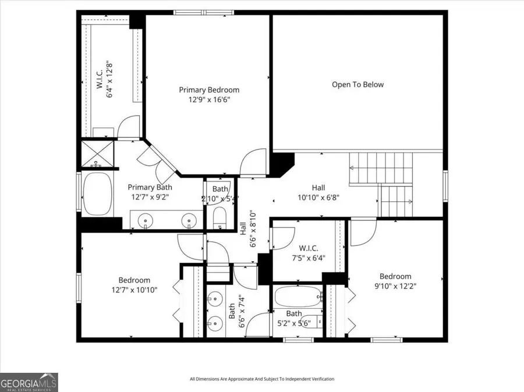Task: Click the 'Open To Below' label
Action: click(x=357, y=84)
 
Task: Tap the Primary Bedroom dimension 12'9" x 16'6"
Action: click(x=209, y=100)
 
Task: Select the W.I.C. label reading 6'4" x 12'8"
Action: click(x=110, y=79)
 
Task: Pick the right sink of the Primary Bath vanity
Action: click(x=188, y=220)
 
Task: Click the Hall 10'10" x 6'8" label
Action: click(x=318, y=197)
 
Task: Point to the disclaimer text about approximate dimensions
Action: click(x=262, y=379)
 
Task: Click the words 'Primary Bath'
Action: click(x=150, y=187)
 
